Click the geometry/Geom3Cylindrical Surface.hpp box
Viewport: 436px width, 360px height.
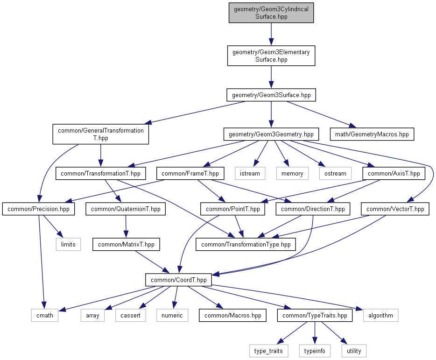pos(271,13)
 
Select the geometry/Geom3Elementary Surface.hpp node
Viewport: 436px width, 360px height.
pos(271,56)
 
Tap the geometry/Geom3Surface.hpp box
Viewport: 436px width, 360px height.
pos(271,95)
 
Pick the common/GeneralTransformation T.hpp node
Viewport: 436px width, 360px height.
pos(101,134)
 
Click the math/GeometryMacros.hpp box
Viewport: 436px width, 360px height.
pos(372,134)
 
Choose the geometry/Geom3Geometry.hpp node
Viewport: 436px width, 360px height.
pos(271,134)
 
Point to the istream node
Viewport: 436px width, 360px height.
pos(250,173)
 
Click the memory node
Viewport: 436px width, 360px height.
pos(292,173)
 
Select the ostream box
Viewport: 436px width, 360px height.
pos(335,173)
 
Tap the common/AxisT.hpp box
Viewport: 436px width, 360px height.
pos(394,173)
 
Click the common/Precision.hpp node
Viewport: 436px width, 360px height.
pos(38,209)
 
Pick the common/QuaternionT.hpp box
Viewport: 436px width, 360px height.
pos(126,209)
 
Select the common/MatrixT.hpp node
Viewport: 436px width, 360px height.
pos(126,244)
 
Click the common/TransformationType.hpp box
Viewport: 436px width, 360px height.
pos(246,244)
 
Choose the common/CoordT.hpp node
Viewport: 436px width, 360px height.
pos(178,280)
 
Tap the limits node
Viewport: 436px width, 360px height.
pos(68,244)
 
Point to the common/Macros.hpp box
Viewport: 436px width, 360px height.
pos(233,315)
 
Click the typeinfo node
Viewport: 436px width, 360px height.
pos(315,351)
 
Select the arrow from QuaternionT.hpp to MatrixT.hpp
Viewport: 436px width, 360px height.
pos(126,226)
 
